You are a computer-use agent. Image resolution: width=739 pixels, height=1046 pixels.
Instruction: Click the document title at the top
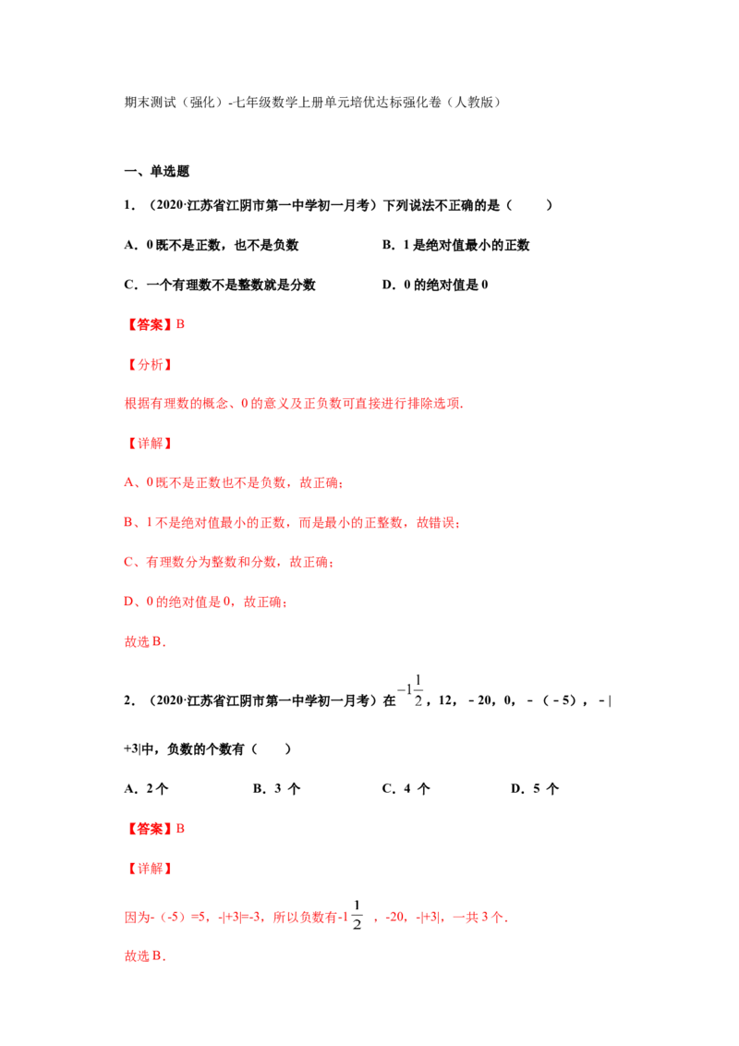(x=313, y=102)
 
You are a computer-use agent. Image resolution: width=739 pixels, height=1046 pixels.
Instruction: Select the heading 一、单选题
(x=157, y=172)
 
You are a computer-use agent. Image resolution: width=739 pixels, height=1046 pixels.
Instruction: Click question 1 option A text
(x=212, y=245)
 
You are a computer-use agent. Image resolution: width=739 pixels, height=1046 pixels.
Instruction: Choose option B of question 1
(x=455, y=245)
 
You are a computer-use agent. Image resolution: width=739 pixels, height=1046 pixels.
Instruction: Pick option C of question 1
(x=220, y=285)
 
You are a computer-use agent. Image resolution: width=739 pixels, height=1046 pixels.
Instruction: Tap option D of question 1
(x=435, y=285)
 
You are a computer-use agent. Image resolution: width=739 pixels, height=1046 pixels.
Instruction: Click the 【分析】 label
(x=150, y=364)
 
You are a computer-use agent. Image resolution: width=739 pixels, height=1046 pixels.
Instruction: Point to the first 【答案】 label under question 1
(x=150, y=325)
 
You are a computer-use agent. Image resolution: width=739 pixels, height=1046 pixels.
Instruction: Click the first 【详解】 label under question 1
(x=150, y=444)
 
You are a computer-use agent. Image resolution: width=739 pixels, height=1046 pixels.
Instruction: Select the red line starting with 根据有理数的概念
(x=294, y=404)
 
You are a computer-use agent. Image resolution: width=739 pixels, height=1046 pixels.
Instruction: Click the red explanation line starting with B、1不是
(x=292, y=522)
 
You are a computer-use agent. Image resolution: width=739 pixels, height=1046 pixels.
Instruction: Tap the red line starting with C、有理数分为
(x=229, y=563)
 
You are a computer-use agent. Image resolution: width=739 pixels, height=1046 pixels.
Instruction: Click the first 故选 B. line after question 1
(x=145, y=642)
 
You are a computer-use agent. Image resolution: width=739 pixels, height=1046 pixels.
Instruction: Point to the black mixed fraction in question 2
(x=410, y=690)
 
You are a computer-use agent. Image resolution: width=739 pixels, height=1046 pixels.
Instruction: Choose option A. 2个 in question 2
(x=146, y=788)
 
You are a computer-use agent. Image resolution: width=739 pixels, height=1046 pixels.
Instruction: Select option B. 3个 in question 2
(x=277, y=788)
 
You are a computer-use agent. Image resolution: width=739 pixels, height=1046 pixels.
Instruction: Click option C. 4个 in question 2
(x=406, y=788)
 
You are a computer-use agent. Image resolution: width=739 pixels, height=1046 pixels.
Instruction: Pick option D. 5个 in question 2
(x=535, y=788)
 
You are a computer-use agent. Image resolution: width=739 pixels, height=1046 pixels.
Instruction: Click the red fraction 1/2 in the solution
(x=357, y=915)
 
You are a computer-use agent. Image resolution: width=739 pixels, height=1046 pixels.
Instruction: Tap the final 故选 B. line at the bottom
(x=145, y=956)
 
